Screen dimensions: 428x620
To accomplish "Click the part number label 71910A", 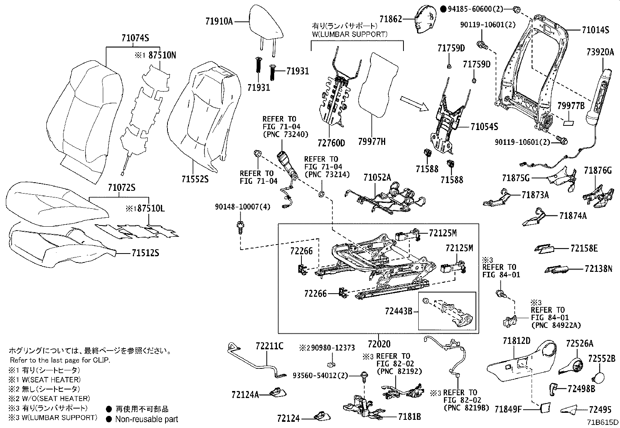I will coord(219,21).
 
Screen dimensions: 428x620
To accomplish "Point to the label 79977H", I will coord(372,143).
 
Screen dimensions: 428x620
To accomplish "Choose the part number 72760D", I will coord(331,143).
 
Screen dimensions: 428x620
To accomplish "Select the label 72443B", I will coord(398,311).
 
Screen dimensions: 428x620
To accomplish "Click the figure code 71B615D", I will coord(603,423).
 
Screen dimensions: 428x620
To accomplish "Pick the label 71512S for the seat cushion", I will coord(145,254).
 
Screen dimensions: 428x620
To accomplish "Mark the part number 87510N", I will coord(161,55).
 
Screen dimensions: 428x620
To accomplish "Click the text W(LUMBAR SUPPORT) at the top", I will coord(349,34).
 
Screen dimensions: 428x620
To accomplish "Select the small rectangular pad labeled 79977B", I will coord(569,122).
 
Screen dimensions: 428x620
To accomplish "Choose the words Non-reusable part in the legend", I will coord(146,419).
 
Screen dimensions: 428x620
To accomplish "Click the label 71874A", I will coord(572,216).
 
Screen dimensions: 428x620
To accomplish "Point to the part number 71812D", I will coord(516,341).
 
